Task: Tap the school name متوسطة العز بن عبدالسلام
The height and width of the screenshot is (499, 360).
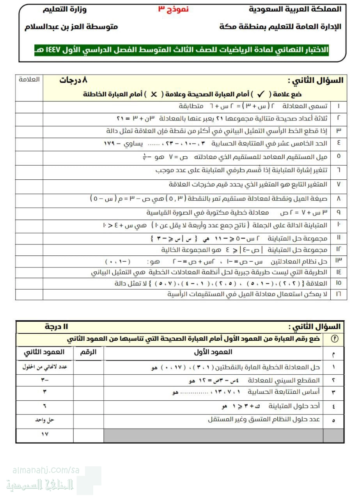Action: (71, 27)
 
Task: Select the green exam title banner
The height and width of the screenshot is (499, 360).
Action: (181, 50)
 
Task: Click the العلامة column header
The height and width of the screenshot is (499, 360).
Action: (29, 80)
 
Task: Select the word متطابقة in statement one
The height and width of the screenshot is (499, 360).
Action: (191, 106)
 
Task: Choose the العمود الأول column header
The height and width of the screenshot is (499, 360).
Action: (213, 352)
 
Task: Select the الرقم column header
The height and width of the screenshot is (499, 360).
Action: (88, 352)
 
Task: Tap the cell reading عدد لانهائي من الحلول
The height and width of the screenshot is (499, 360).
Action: (44, 367)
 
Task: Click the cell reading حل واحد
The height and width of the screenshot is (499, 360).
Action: (44, 420)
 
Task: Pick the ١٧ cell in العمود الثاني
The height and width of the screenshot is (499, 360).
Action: (44, 434)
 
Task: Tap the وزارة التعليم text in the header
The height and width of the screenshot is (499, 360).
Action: (65, 9)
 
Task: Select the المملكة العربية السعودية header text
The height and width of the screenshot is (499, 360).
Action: (295, 9)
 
